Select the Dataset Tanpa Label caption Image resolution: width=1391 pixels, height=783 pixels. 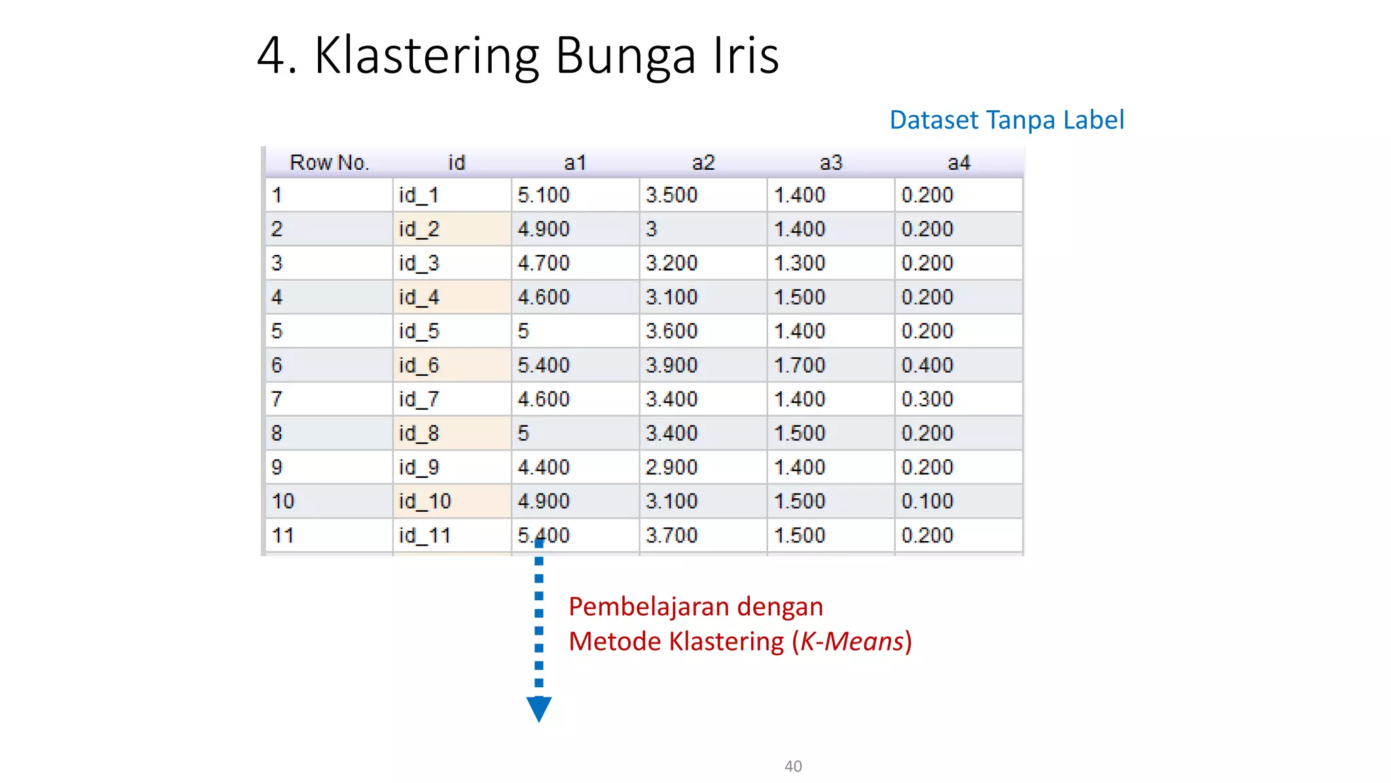(1007, 120)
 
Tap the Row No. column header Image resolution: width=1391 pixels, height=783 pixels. (329, 162)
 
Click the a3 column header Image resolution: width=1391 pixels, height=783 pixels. (831, 162)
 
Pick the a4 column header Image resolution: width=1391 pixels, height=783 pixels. (958, 162)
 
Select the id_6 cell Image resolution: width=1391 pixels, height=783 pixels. (419, 365)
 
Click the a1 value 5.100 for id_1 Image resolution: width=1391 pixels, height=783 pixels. (543, 195)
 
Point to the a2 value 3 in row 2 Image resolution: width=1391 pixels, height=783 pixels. (651, 229)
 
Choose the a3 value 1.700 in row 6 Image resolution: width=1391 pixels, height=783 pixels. (799, 365)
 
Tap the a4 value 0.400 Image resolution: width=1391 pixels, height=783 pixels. (927, 365)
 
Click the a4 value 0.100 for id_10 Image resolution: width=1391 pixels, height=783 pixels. (927, 501)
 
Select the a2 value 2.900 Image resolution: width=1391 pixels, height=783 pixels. (671, 467)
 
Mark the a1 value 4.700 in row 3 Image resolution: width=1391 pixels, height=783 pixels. (543, 263)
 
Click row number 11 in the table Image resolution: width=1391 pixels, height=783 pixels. (283, 536)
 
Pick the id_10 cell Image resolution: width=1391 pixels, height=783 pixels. (424, 501)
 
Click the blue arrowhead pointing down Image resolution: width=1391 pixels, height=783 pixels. (539, 709)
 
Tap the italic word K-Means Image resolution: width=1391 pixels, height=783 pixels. (852, 642)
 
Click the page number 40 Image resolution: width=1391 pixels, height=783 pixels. (793, 766)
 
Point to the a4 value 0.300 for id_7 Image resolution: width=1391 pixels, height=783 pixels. (927, 399)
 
